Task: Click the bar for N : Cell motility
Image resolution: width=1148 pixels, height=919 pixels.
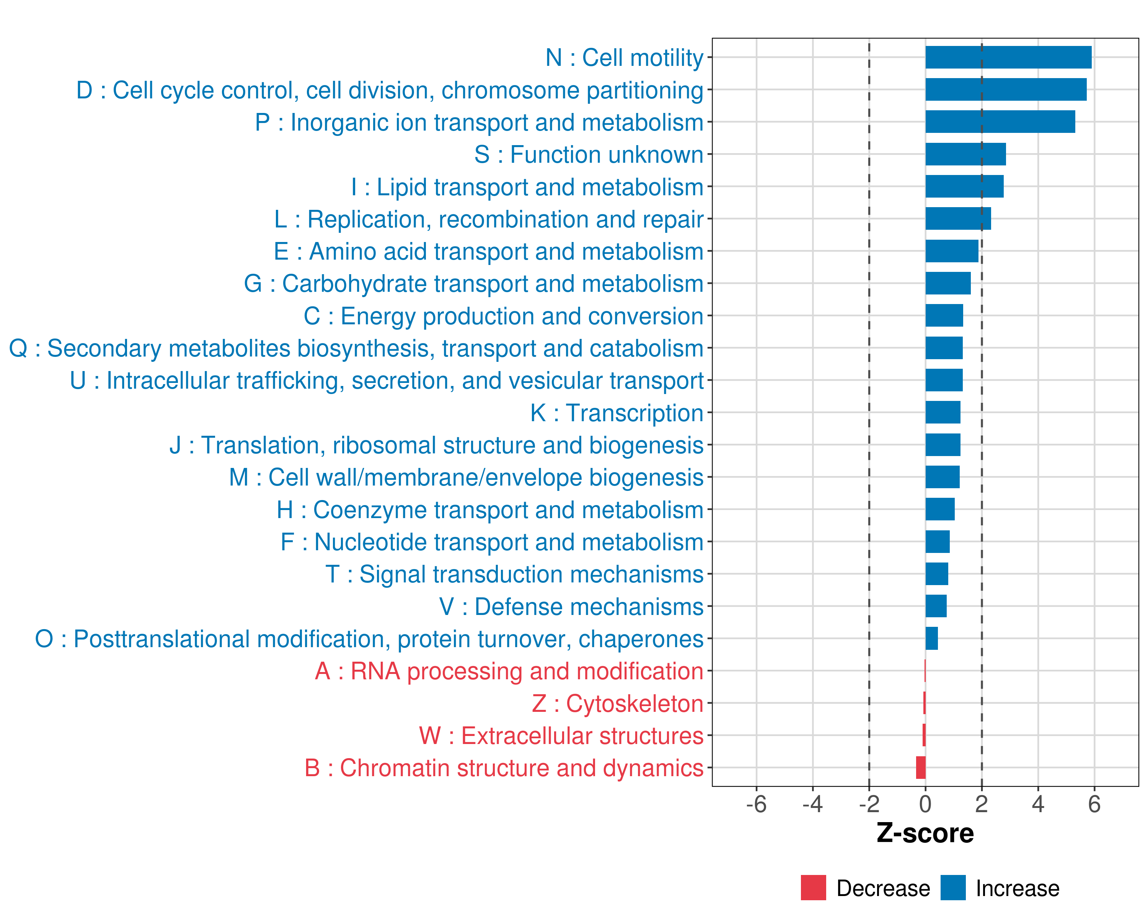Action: [x=1008, y=57]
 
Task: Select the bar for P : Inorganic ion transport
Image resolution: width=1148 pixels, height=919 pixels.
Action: [x=1000, y=122]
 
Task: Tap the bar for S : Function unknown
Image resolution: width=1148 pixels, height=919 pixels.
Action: [x=965, y=154]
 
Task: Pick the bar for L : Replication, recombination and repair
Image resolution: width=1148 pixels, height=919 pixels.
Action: [x=958, y=219]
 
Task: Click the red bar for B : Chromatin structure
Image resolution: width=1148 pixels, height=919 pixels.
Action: [x=921, y=768]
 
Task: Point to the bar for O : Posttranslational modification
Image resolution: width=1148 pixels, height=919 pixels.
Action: [x=931, y=638]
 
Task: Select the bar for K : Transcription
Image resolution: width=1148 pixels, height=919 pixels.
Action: [x=943, y=412]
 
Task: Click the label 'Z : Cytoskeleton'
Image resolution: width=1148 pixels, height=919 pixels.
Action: [x=618, y=704]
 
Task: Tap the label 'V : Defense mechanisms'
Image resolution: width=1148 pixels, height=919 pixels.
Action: [x=571, y=607]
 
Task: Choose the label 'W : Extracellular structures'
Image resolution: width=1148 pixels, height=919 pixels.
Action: [x=561, y=736]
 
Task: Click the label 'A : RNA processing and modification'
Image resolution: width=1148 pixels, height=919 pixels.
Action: [x=509, y=671]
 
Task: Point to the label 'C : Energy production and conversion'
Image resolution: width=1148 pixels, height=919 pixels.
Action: [x=503, y=316]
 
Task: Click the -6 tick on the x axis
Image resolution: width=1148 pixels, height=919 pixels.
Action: [x=756, y=804]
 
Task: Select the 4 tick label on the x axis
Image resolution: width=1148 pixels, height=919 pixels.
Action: [x=1038, y=804]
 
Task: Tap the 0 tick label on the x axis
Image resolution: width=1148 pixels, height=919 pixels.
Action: [x=925, y=804]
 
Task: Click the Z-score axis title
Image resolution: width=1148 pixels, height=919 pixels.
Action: [x=925, y=833]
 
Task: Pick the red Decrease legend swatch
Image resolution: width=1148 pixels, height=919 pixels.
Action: [x=813, y=888]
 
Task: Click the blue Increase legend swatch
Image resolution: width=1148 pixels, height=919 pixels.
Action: [x=952, y=888]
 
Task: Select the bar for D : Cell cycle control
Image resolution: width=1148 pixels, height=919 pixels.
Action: [x=1006, y=90]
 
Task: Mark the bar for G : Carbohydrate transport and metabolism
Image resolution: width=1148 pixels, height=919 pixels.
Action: [x=948, y=283]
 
